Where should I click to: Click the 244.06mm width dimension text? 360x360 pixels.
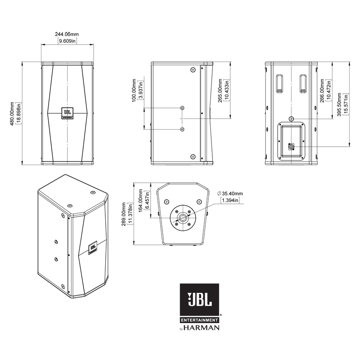tap(67, 34)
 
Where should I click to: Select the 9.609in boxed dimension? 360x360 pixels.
tap(67, 41)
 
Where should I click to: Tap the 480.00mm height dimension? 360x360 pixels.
tap(13, 113)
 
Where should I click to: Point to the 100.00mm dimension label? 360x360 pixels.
tap(134, 91)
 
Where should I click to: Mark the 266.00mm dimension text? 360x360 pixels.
tap(322, 91)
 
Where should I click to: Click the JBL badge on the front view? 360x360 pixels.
tap(67, 113)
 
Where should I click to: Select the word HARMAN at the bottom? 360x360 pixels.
tap(204, 328)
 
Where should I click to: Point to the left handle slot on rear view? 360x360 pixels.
tap(279, 83)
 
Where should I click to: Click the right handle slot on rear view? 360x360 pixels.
tap(303, 83)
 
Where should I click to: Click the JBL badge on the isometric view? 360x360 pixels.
tap(93, 248)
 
